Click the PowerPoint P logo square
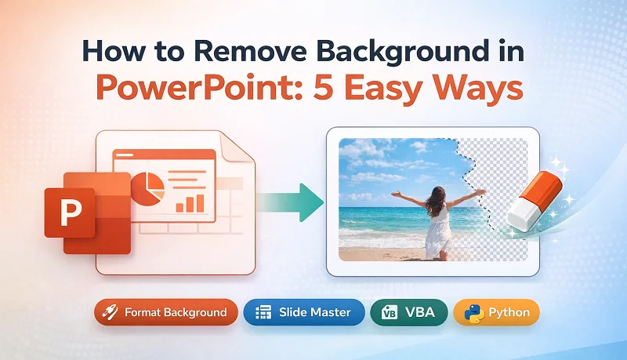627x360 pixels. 71,211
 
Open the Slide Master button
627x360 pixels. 303,312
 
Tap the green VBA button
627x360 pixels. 409,312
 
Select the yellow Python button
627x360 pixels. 497,312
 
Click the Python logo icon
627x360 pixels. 473,312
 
